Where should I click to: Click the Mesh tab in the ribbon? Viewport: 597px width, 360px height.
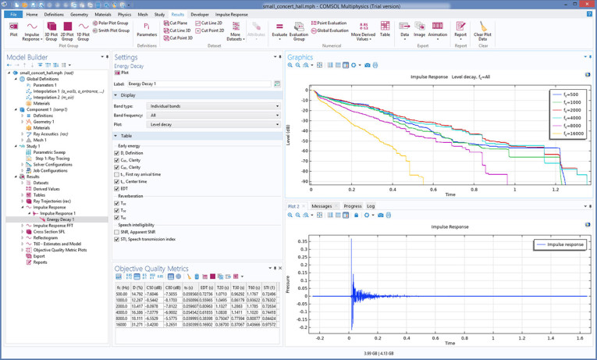pos(141,14)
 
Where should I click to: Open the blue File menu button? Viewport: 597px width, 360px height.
pos(13,14)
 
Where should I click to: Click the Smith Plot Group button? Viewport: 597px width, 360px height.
pos(113,30)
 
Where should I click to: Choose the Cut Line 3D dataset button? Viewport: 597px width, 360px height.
pos(179,30)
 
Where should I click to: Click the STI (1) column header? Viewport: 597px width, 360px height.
pos(269,287)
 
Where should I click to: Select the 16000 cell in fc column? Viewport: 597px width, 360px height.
pos(121,324)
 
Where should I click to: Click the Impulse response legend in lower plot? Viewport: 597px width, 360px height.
pos(561,244)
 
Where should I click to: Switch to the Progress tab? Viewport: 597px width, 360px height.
pos(352,206)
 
